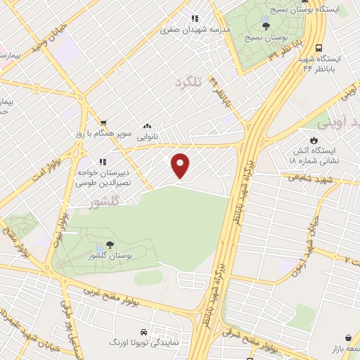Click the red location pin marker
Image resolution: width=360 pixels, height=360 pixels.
pos(181,165)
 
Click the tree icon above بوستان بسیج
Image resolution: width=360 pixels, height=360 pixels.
pos(265,26)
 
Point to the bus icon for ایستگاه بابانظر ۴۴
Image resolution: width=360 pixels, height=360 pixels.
pos(319,49)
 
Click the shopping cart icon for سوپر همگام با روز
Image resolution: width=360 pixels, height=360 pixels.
pos(103,122)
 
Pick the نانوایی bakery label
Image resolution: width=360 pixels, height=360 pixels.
pos(146,136)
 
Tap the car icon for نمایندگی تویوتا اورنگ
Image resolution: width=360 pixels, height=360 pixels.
pos(143,330)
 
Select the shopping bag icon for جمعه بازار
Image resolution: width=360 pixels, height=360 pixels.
pos(348,337)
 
